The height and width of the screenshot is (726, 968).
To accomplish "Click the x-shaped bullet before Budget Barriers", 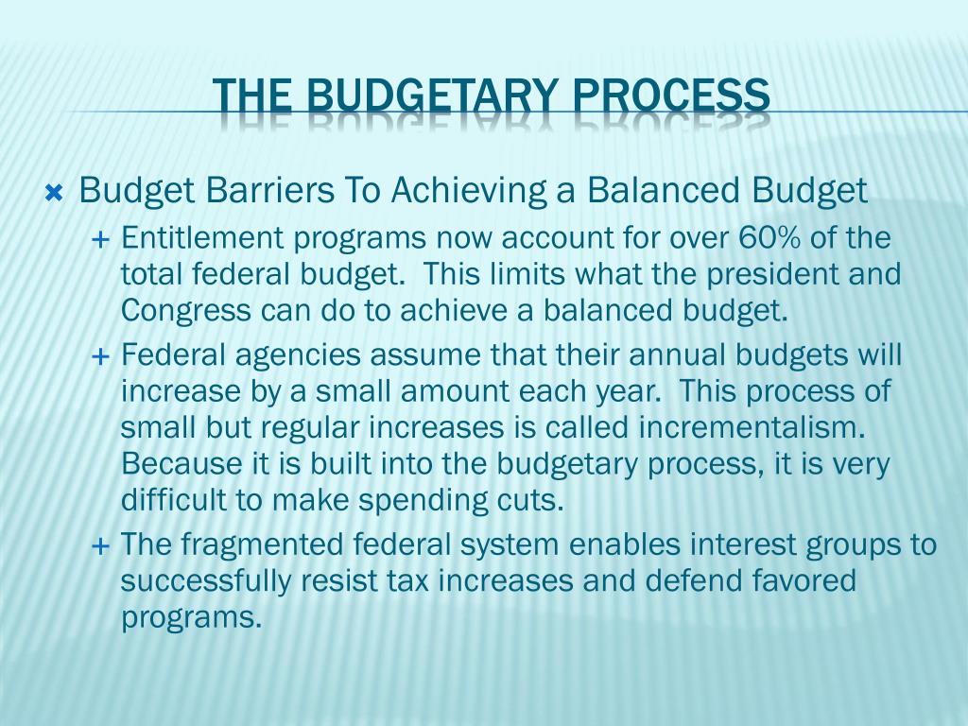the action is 54,194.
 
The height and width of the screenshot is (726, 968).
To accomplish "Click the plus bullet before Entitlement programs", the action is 100,239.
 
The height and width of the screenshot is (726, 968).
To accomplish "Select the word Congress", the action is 186,311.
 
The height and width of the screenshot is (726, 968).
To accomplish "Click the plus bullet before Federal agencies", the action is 100,356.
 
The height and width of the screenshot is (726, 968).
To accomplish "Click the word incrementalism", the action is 752,427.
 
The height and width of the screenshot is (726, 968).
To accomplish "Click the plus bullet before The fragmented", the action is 100,545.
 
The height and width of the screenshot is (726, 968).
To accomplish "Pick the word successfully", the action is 205,581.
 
